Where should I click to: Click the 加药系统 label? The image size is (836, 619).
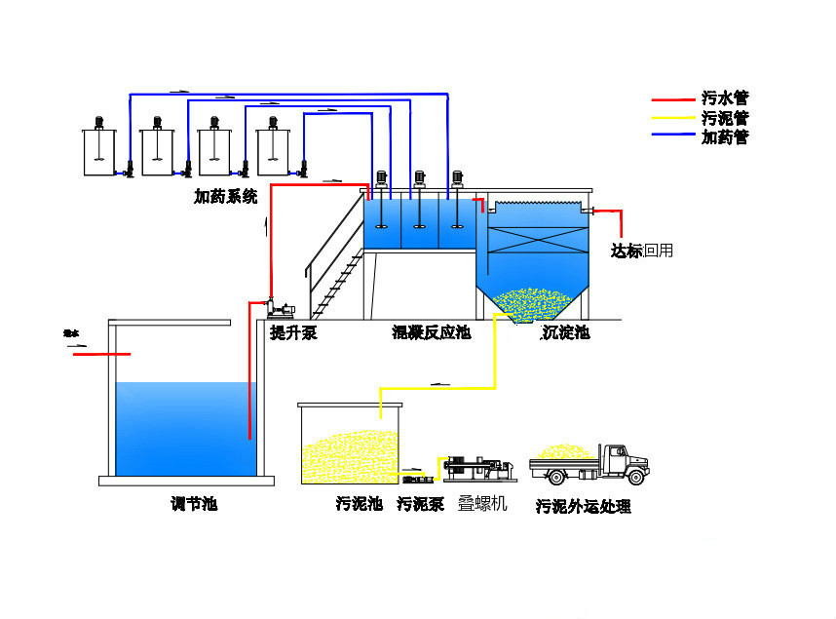point(225,197)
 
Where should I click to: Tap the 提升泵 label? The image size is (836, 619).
point(292,333)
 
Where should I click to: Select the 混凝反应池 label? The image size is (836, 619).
point(431,333)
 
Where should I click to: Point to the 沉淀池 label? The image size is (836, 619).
point(565,333)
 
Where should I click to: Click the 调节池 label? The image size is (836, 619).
point(193,504)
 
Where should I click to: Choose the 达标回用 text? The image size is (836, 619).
point(641,251)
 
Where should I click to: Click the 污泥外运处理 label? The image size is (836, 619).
point(583,507)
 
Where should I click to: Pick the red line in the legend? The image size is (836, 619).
point(671,98)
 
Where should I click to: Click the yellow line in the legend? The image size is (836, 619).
point(671,118)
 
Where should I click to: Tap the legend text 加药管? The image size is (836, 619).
point(724,137)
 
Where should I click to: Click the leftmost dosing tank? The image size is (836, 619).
point(100,152)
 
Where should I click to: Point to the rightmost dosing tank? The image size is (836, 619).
point(274,152)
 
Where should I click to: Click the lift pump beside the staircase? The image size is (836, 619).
point(276,306)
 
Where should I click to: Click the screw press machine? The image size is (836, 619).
point(478,469)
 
